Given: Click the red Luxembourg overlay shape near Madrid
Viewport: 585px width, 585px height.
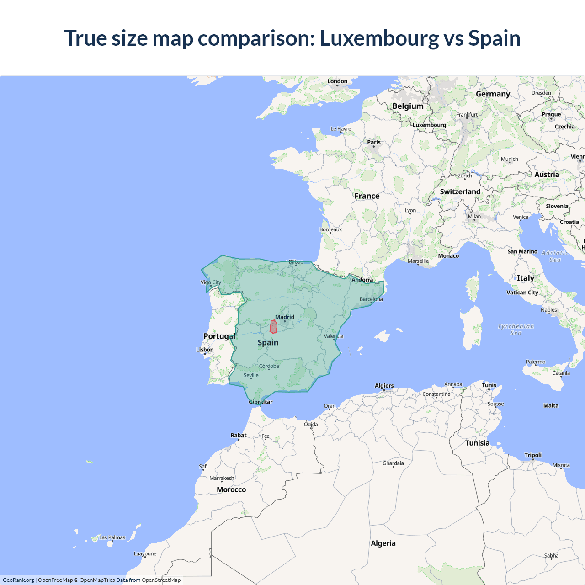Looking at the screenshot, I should click(273, 327).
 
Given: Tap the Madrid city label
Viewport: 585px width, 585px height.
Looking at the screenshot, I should click(285, 317).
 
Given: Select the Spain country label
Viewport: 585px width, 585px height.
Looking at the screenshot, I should click(268, 342).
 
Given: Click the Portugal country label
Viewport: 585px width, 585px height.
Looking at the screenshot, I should click(219, 336).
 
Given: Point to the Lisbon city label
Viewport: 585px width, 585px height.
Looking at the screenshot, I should click(205, 350).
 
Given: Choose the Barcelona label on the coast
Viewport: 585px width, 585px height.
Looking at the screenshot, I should click(371, 299).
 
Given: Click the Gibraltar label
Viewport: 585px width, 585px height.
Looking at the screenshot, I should click(261, 402).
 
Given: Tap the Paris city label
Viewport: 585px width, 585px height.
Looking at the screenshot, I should click(374, 142).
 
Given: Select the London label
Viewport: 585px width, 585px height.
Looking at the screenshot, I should click(337, 81).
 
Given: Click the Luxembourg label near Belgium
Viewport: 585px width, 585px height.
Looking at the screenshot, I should click(429, 125).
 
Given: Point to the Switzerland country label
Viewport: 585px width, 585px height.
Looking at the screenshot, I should click(460, 191).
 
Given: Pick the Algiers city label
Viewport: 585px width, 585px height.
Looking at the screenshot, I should click(384, 386).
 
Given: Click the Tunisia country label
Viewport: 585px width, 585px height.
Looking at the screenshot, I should click(477, 443).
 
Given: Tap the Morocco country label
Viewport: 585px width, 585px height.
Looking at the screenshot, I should click(231, 489).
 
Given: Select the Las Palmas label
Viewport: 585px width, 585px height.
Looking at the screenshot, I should click(112, 537).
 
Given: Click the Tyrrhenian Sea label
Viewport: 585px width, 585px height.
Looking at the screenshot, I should click(516, 330).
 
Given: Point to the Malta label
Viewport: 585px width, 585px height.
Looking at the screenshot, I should click(551, 405).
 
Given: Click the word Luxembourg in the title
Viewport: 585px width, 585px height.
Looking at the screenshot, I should click(379, 38).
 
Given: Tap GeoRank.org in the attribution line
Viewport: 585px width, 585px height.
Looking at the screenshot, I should click(18, 580).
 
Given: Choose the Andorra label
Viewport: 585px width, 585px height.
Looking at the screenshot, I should click(362, 280).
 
